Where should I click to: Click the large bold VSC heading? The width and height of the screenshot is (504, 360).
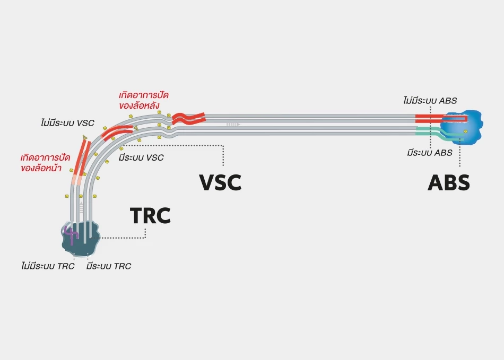[220, 182]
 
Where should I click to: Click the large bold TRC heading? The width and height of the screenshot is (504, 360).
[150, 216]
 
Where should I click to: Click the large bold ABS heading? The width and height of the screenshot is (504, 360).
[449, 182]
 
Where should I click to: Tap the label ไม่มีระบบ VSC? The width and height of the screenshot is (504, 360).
[67, 123]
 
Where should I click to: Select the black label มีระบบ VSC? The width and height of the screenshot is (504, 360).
[141, 157]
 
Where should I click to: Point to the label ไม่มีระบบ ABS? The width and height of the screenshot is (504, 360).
[430, 100]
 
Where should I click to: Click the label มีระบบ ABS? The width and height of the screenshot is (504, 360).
[430, 153]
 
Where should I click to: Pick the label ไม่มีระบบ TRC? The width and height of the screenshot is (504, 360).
[45, 266]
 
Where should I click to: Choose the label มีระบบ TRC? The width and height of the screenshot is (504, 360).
[108, 266]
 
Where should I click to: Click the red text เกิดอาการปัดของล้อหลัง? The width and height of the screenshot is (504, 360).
[144, 100]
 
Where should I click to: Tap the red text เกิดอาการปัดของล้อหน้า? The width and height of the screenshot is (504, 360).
[41, 163]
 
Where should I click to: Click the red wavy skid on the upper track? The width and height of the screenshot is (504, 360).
[188, 117]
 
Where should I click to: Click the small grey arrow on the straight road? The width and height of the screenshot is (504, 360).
[233, 124]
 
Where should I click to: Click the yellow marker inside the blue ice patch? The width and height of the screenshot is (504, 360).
[465, 131]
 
